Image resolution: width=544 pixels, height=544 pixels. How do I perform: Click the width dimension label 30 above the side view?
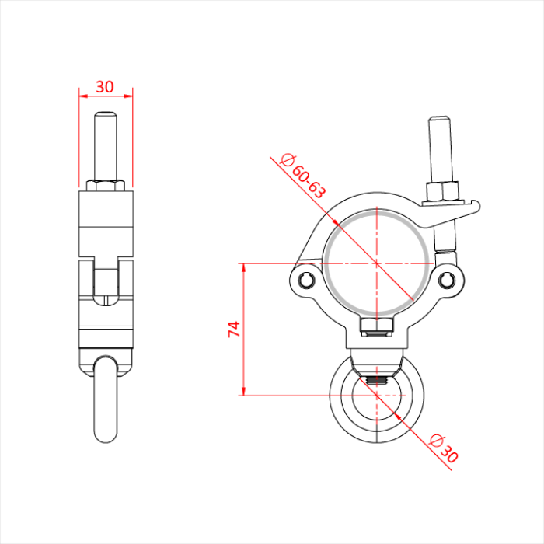tap(104, 87)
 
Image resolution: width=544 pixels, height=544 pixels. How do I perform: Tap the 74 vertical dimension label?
tap(234, 329)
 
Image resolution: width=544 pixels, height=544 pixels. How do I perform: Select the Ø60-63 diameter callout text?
tap(303, 176)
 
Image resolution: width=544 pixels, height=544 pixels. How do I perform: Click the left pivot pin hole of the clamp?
tap(306, 281)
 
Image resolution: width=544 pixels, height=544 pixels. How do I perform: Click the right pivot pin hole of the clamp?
tap(447, 280)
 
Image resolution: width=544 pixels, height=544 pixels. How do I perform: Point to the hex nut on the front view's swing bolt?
tap(443, 191)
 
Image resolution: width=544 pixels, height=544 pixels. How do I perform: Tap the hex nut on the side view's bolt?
tap(106, 185)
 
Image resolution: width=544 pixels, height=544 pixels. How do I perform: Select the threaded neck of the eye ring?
tap(377, 381)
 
